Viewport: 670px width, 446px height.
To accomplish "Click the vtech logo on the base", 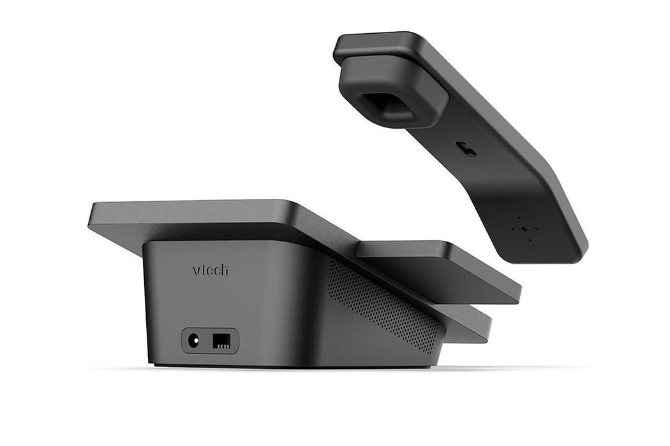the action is click(210, 270).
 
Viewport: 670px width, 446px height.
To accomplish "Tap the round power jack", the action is click(194, 341).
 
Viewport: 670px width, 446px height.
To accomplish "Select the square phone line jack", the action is click(222, 341).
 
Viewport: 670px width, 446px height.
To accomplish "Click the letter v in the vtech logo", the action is click(196, 271).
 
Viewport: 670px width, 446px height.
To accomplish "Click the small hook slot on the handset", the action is click(466, 149).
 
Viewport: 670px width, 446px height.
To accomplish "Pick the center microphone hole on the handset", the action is click(525, 228).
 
